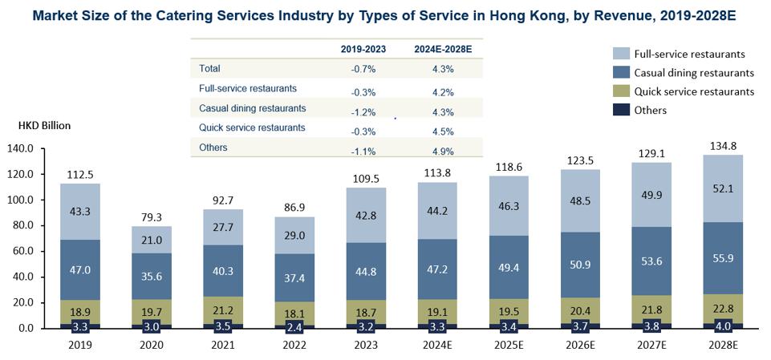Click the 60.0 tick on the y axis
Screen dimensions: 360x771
tap(31, 251)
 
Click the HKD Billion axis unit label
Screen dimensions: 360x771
tap(44, 126)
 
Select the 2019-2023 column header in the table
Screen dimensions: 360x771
tap(363, 49)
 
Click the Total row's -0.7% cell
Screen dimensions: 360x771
tap(363, 69)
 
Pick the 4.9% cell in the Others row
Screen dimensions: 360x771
tap(442, 151)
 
